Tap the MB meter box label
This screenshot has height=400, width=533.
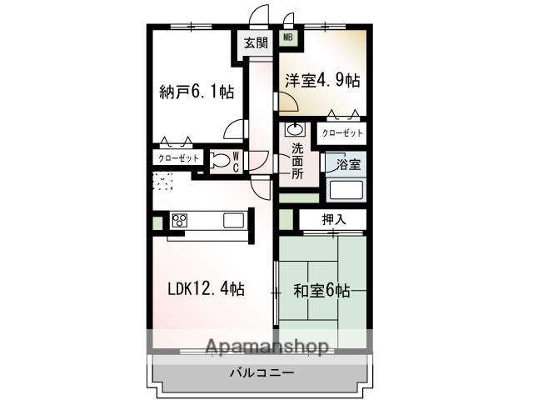[x=288, y=37]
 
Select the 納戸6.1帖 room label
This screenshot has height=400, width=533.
[x=196, y=92]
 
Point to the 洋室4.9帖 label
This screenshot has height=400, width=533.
[x=323, y=81]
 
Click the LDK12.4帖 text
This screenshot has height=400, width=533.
[x=206, y=289]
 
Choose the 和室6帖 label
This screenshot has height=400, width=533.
[x=321, y=291]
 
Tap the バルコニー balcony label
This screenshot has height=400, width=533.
[x=261, y=372]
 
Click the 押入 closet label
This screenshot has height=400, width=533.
[x=333, y=219]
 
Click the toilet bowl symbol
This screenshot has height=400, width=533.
[x=220, y=160]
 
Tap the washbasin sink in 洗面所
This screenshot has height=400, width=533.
[x=295, y=129]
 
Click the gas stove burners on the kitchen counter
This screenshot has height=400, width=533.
[x=180, y=220]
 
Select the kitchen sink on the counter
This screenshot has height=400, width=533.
[x=233, y=220]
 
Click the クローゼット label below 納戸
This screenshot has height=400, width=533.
[x=177, y=158]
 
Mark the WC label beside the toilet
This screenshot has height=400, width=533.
[x=236, y=160]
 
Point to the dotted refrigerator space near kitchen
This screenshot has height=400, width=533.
[x=163, y=182]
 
